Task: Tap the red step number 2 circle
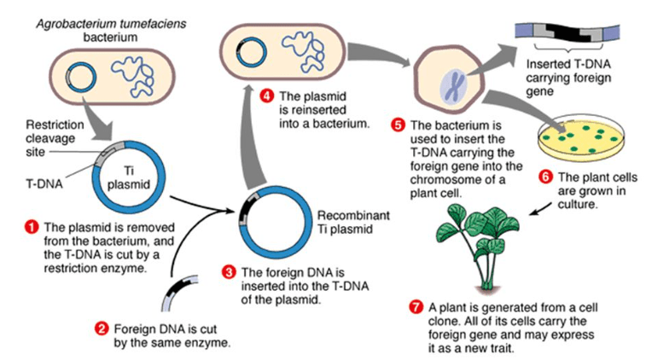tap(101, 327)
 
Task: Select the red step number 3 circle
tap(229, 272)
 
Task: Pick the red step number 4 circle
tap(266, 96)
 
